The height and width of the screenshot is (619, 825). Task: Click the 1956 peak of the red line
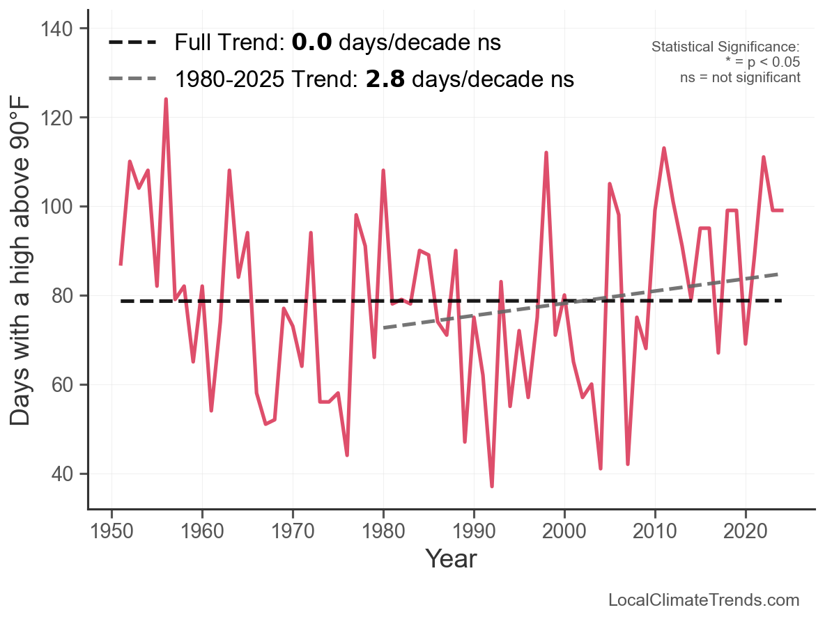click(166, 100)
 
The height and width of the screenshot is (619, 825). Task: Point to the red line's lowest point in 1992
click(492, 486)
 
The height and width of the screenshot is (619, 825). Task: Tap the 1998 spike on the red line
click(546, 152)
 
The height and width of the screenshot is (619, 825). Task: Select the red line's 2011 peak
click(664, 148)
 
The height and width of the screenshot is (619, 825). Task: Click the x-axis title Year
click(451, 558)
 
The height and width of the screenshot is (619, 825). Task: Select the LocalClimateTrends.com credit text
click(704, 600)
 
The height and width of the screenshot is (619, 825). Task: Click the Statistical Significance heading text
click(725, 47)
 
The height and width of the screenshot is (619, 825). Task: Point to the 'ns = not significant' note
click(740, 77)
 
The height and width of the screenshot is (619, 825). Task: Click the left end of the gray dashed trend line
click(384, 327)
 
